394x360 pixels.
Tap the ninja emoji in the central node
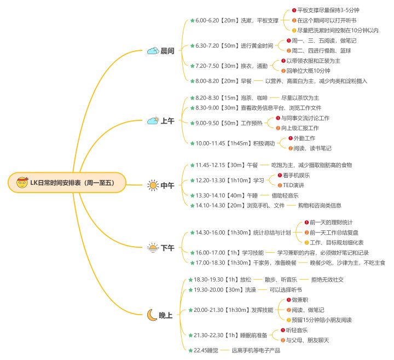click(x=22, y=182)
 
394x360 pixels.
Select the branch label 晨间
click(x=167, y=51)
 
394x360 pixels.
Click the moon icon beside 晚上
click(x=152, y=315)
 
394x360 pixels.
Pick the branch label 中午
click(x=167, y=186)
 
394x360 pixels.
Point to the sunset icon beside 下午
click(x=153, y=248)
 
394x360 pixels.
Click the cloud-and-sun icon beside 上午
click(x=153, y=121)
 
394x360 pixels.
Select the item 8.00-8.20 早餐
click(x=224, y=80)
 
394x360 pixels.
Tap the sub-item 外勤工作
click(x=304, y=138)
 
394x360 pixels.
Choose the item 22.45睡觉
click(x=206, y=350)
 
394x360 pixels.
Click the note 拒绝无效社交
click(x=328, y=280)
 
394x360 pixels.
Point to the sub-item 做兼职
click(x=301, y=300)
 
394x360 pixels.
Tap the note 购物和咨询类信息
click(x=320, y=205)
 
